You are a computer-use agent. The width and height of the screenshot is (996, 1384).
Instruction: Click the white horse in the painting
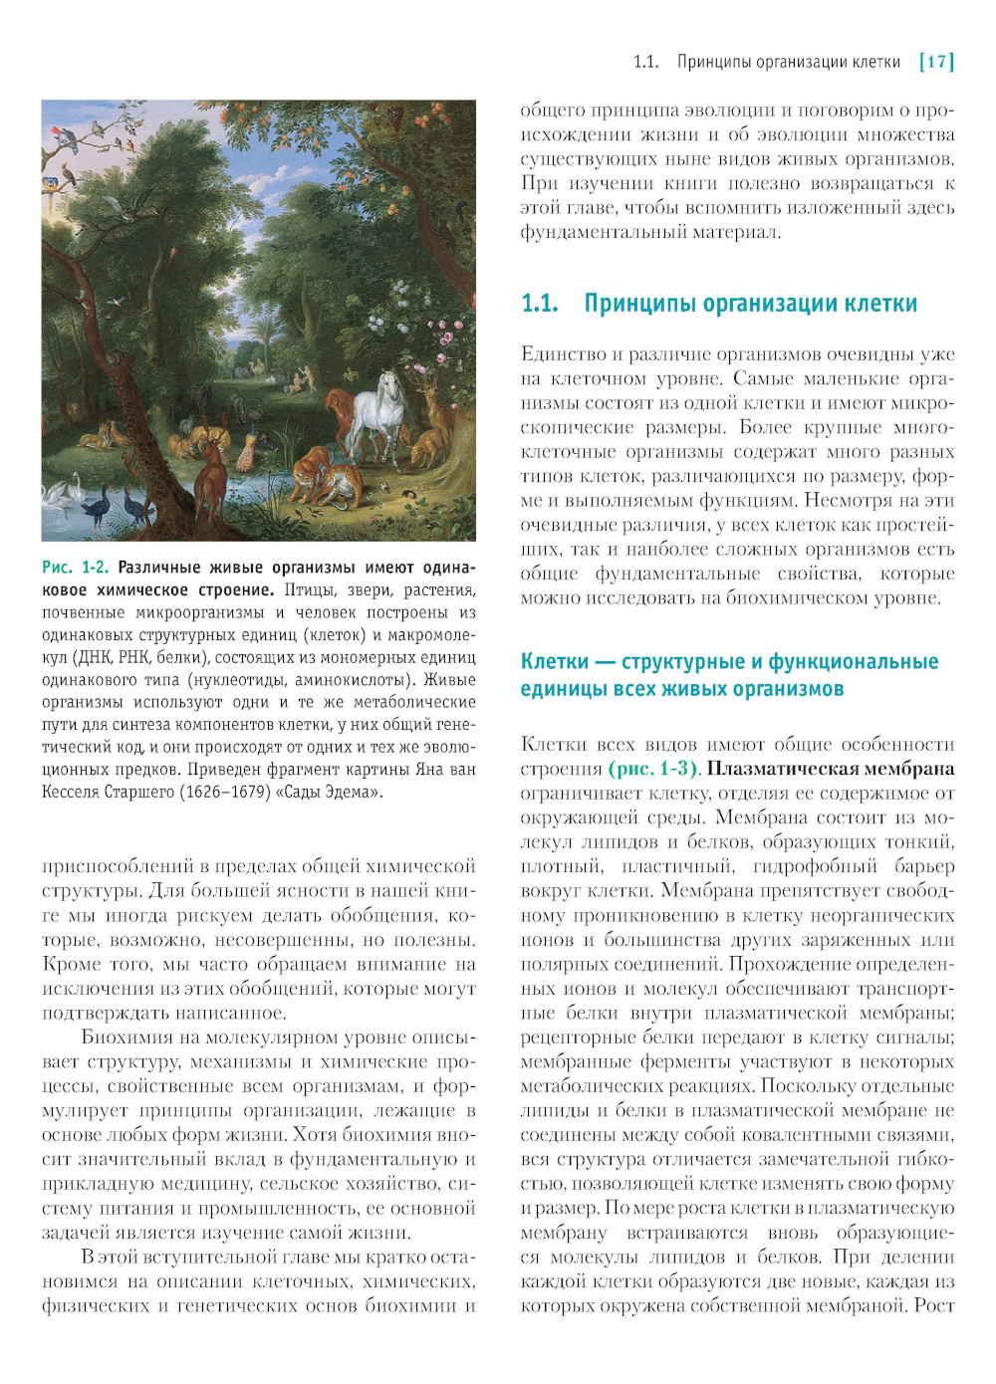pos(379,409)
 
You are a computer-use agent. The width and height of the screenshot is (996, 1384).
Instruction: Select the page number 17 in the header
pos(936,62)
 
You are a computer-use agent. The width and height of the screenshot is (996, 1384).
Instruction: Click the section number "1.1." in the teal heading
pos(540,304)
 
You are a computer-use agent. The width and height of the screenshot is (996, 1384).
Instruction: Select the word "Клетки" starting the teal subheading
pos(555,662)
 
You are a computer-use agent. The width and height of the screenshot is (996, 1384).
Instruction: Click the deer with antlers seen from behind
pos(210,478)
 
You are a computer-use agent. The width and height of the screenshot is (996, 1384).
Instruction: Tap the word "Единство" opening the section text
pos(562,354)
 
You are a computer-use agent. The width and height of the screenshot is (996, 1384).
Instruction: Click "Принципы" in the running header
pos(712,62)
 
